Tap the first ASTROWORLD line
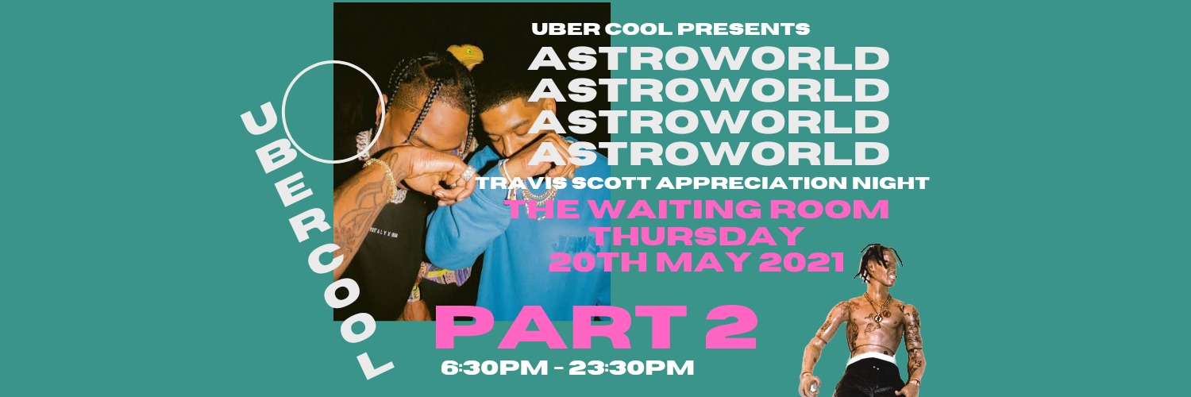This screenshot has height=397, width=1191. pos(708,59)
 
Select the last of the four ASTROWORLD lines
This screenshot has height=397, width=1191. pos(708,154)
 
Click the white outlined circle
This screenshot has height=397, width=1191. pos(333,112)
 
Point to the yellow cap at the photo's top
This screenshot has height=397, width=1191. pos(468,55)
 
